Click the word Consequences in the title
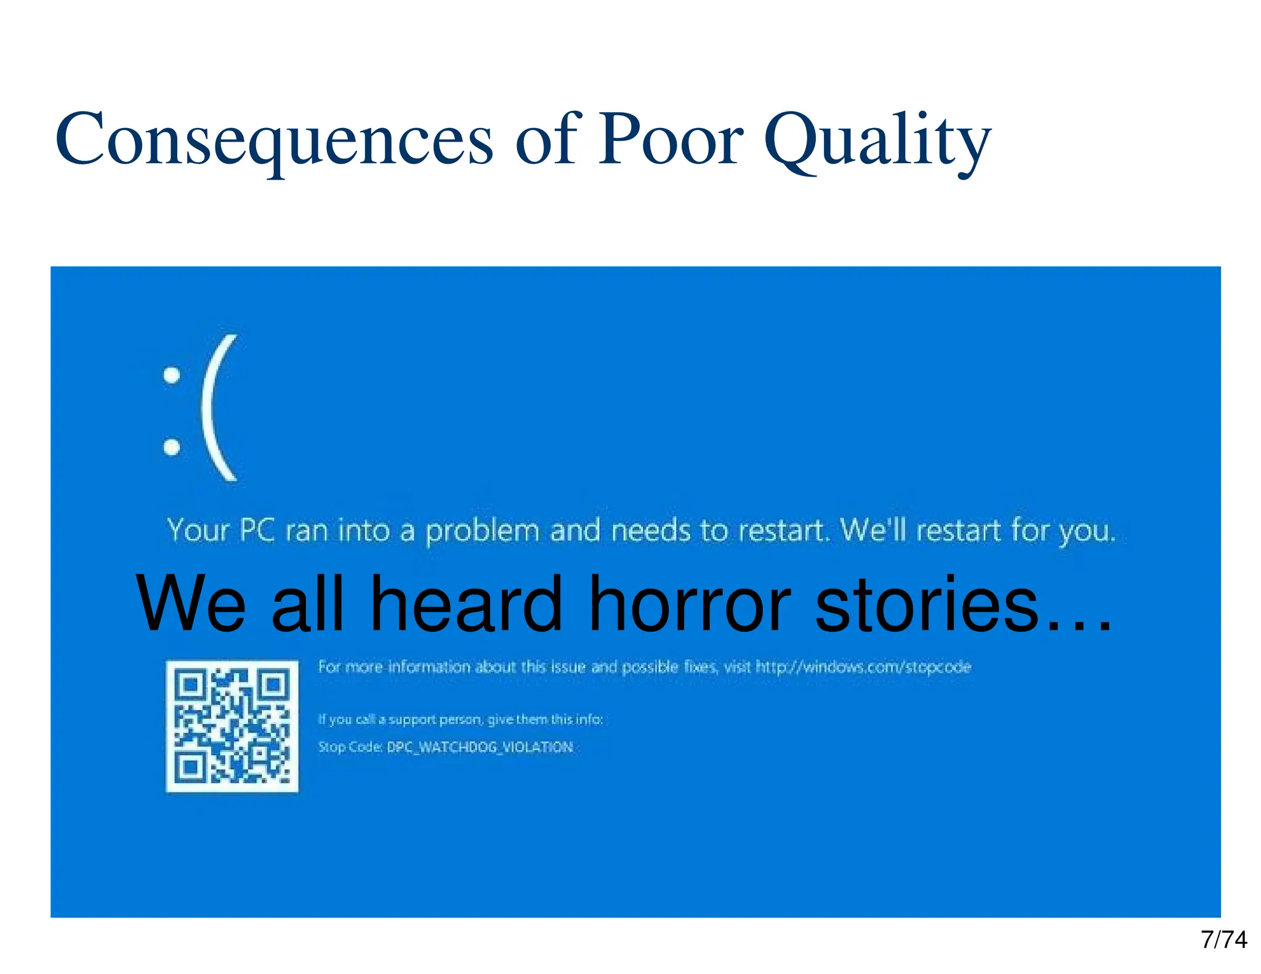(x=274, y=140)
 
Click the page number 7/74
(x=1223, y=940)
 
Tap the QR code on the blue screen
(x=232, y=726)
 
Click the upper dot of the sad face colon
(x=172, y=375)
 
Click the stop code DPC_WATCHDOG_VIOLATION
(x=480, y=747)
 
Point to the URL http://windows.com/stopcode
(x=863, y=667)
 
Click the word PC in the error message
(x=257, y=530)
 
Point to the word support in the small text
(x=412, y=720)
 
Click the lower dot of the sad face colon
(x=172, y=446)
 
